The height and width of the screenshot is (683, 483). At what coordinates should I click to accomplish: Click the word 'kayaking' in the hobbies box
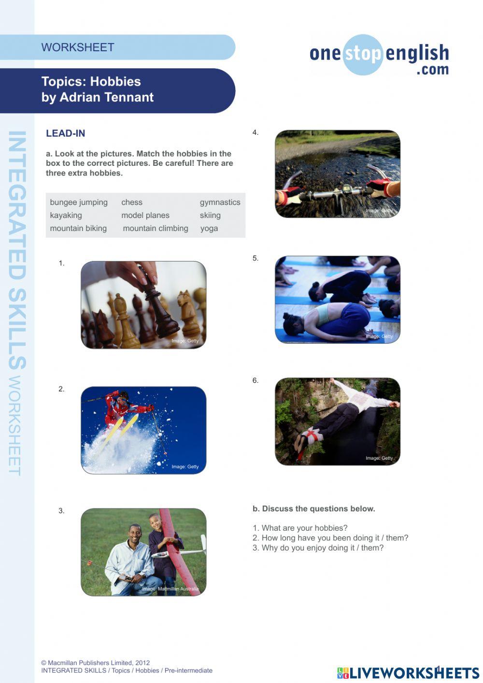(x=66, y=215)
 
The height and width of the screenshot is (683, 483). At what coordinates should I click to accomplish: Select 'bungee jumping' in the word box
(x=79, y=202)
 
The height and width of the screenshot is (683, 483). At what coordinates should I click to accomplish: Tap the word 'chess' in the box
(x=132, y=202)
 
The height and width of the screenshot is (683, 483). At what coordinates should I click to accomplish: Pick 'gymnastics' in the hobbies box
(x=220, y=202)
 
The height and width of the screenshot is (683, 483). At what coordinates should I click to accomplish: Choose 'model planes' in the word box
(x=145, y=215)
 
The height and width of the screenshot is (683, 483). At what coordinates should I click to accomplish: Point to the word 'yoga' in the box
(x=209, y=228)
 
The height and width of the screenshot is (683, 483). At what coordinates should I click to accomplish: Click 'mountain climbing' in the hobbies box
(x=156, y=228)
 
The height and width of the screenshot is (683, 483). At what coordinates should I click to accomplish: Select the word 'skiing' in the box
(x=210, y=215)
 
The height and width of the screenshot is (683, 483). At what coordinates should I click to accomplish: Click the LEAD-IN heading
(x=66, y=133)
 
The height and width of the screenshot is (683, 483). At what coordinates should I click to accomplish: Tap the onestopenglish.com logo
(x=379, y=55)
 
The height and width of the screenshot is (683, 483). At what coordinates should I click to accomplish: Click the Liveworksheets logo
(x=408, y=672)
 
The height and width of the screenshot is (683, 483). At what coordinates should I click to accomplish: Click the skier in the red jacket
(x=121, y=406)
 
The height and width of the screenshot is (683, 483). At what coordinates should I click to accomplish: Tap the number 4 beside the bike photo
(x=256, y=132)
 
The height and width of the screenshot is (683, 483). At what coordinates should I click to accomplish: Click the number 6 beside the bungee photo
(x=256, y=380)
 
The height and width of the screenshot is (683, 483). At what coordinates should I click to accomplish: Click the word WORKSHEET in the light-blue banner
(x=78, y=47)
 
